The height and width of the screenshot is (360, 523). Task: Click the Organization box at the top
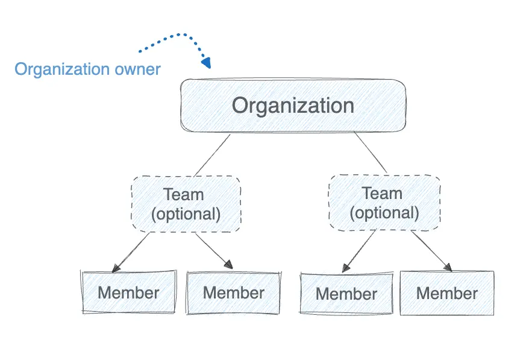pos(293,106)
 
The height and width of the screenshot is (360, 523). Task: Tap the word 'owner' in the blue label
pos(137,69)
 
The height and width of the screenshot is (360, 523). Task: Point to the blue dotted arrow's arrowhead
pos(207,62)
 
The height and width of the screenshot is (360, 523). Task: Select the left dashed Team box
pos(186,204)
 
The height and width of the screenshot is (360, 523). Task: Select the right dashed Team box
pos(384,203)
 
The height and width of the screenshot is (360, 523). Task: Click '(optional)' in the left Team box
pos(186,213)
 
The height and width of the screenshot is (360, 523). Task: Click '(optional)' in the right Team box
pos(384,212)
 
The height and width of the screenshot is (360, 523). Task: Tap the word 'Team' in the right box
pos(382,194)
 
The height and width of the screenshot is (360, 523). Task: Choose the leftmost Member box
pos(128,293)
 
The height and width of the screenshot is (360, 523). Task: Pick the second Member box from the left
pos(234,293)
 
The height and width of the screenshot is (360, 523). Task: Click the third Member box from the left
pos(346,294)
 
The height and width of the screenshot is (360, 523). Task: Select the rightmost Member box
pos(447,294)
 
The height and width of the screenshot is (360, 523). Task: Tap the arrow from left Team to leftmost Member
pos(130,251)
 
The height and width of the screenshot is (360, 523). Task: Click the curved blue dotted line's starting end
pos(139,51)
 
